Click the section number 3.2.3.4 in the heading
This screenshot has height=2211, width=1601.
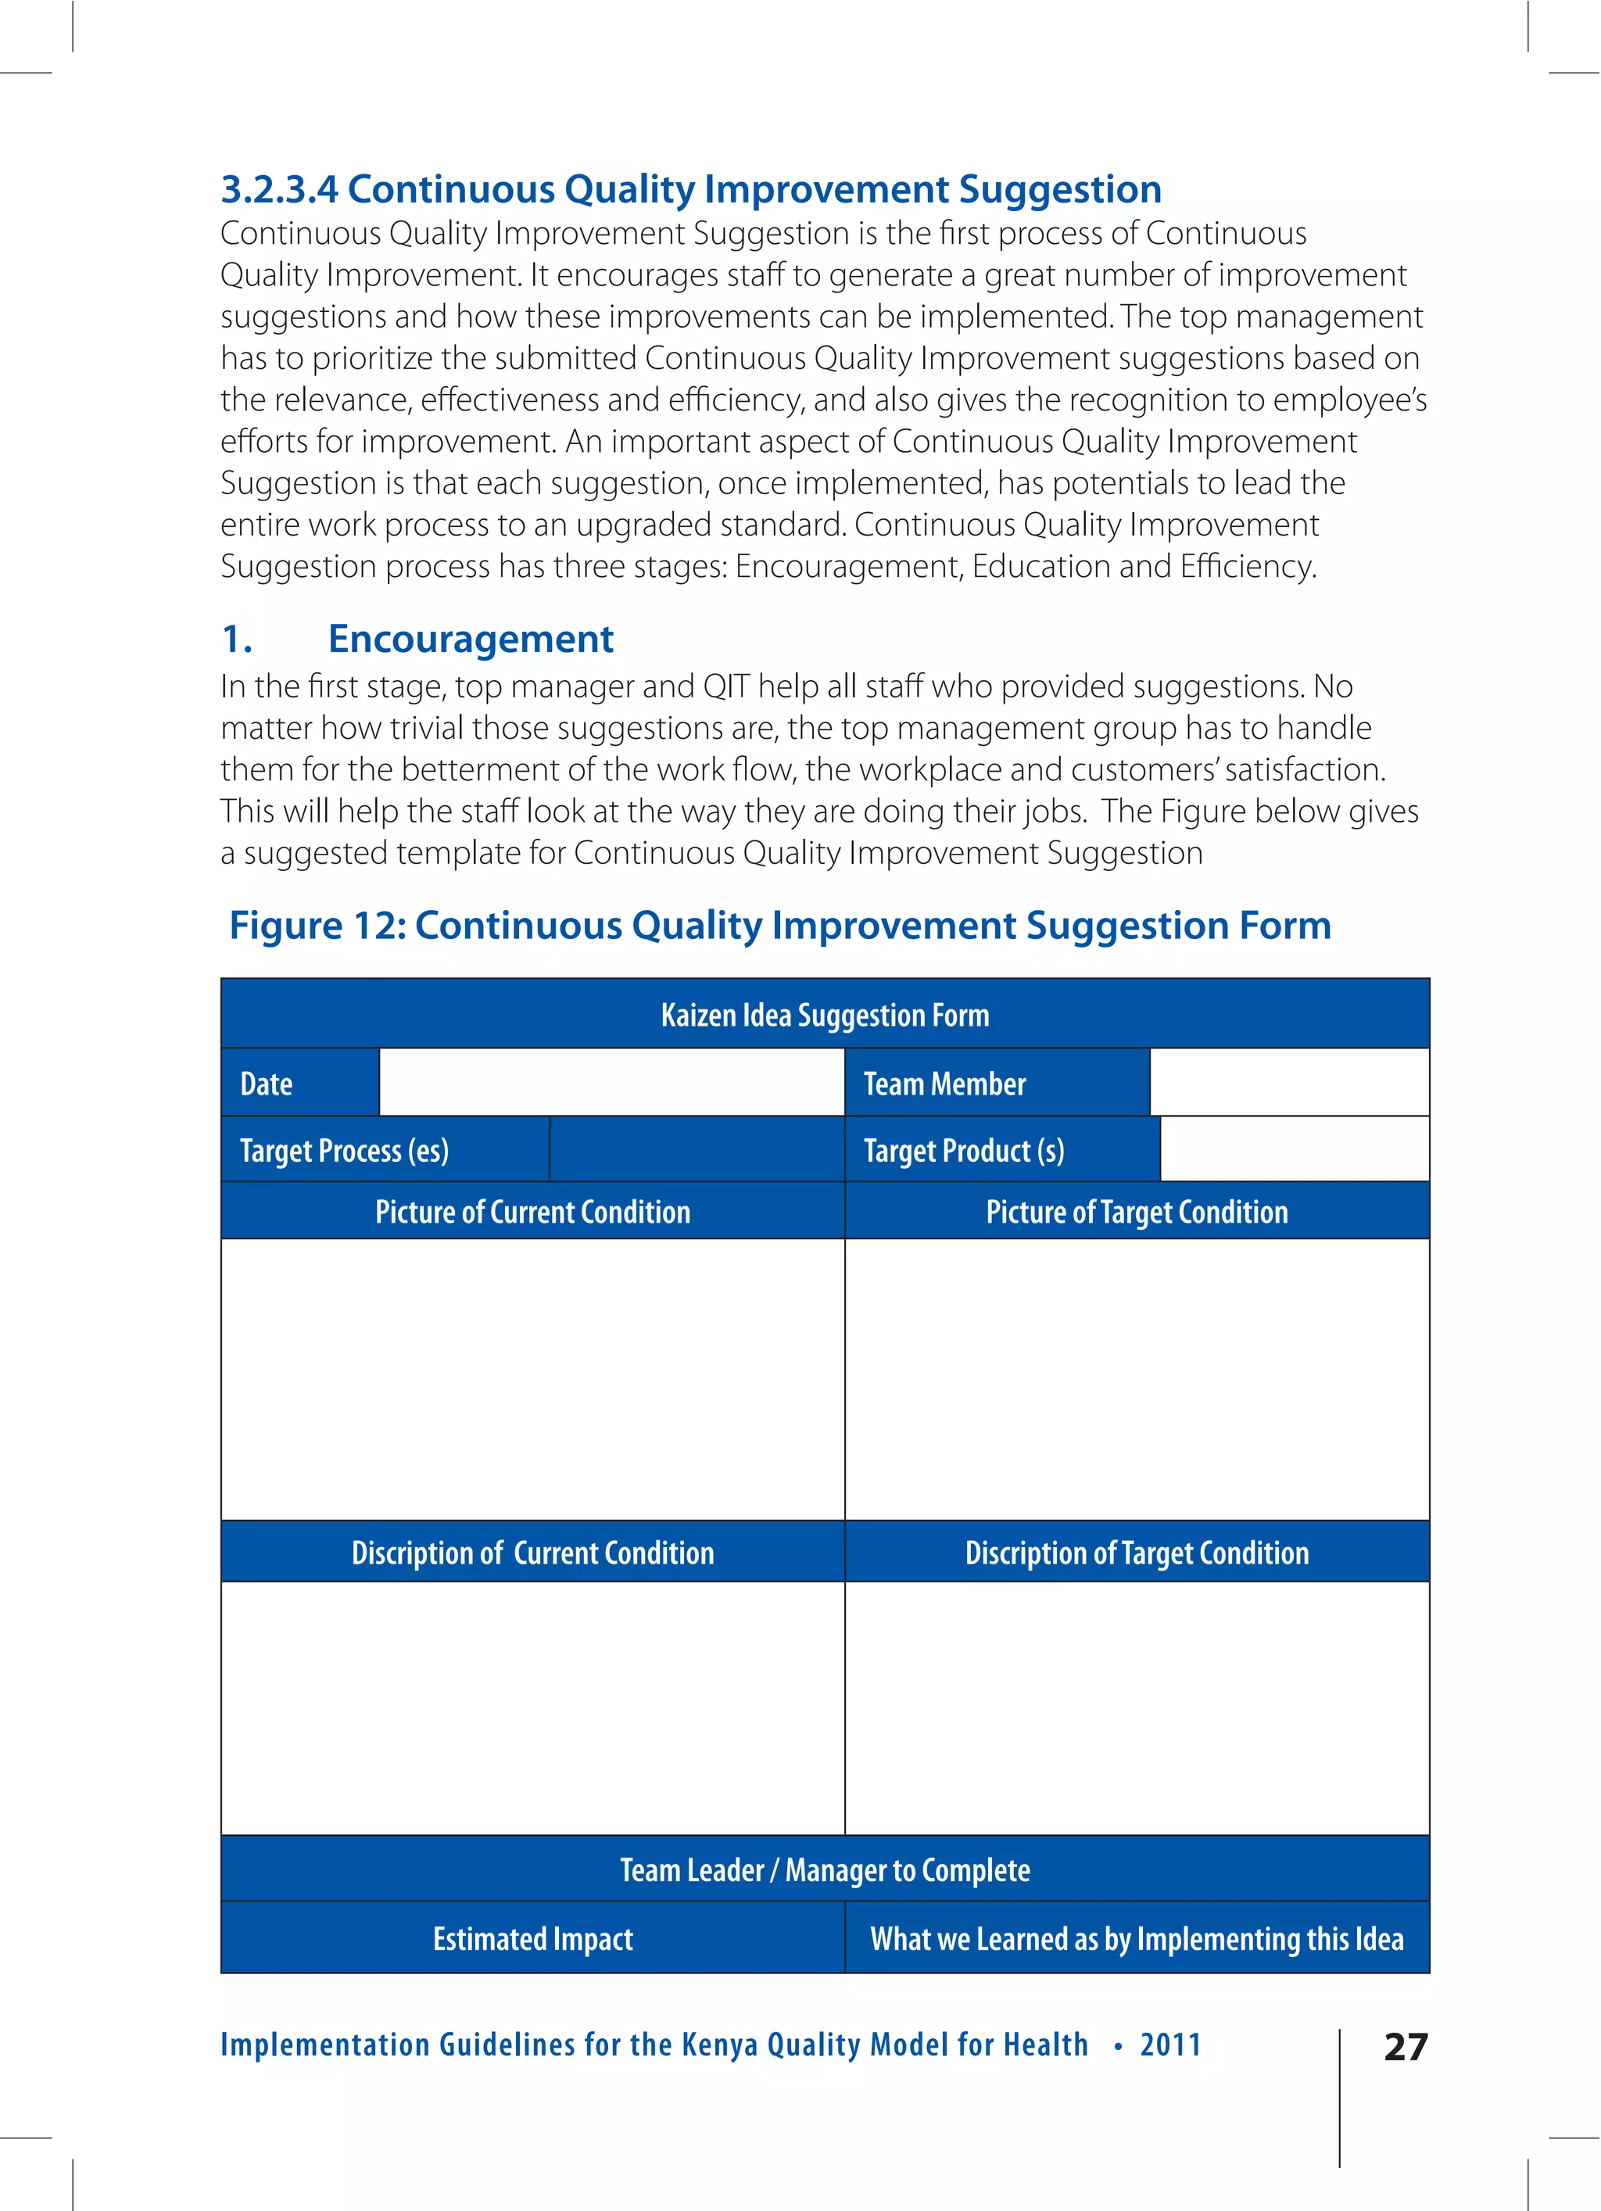pos(279,189)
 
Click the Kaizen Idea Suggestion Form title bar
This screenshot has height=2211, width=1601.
pos(825,1015)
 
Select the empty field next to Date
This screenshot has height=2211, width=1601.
pos(611,1082)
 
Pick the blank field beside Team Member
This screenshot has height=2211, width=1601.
pos(1289,1082)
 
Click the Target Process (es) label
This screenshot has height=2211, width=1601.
pos(344,1150)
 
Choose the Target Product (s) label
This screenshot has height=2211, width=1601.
pos(963,1150)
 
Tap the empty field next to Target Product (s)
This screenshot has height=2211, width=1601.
pos(1294,1149)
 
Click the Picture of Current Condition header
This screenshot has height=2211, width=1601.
pos(532,1212)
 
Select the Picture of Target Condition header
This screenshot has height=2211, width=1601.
pos(1137,1212)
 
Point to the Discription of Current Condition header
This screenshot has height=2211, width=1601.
pos(532,1552)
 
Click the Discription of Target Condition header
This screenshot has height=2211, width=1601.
pos(1137,1552)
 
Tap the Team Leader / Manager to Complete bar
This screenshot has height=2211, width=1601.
pos(825,1870)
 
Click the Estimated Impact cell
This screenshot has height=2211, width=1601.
pos(532,1938)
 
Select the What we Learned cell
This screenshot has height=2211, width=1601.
pos(1137,1938)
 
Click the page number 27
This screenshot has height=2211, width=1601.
pos(1405,2046)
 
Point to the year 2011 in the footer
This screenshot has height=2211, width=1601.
pos(1170,2044)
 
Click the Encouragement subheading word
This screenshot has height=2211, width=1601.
pos(470,639)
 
